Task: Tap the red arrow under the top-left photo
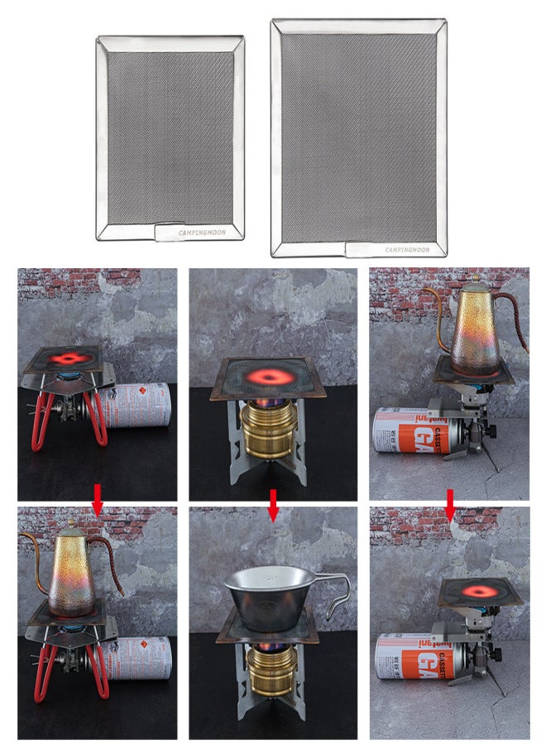pyautogui.click(x=98, y=499)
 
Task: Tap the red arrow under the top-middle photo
pyautogui.click(x=273, y=504)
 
